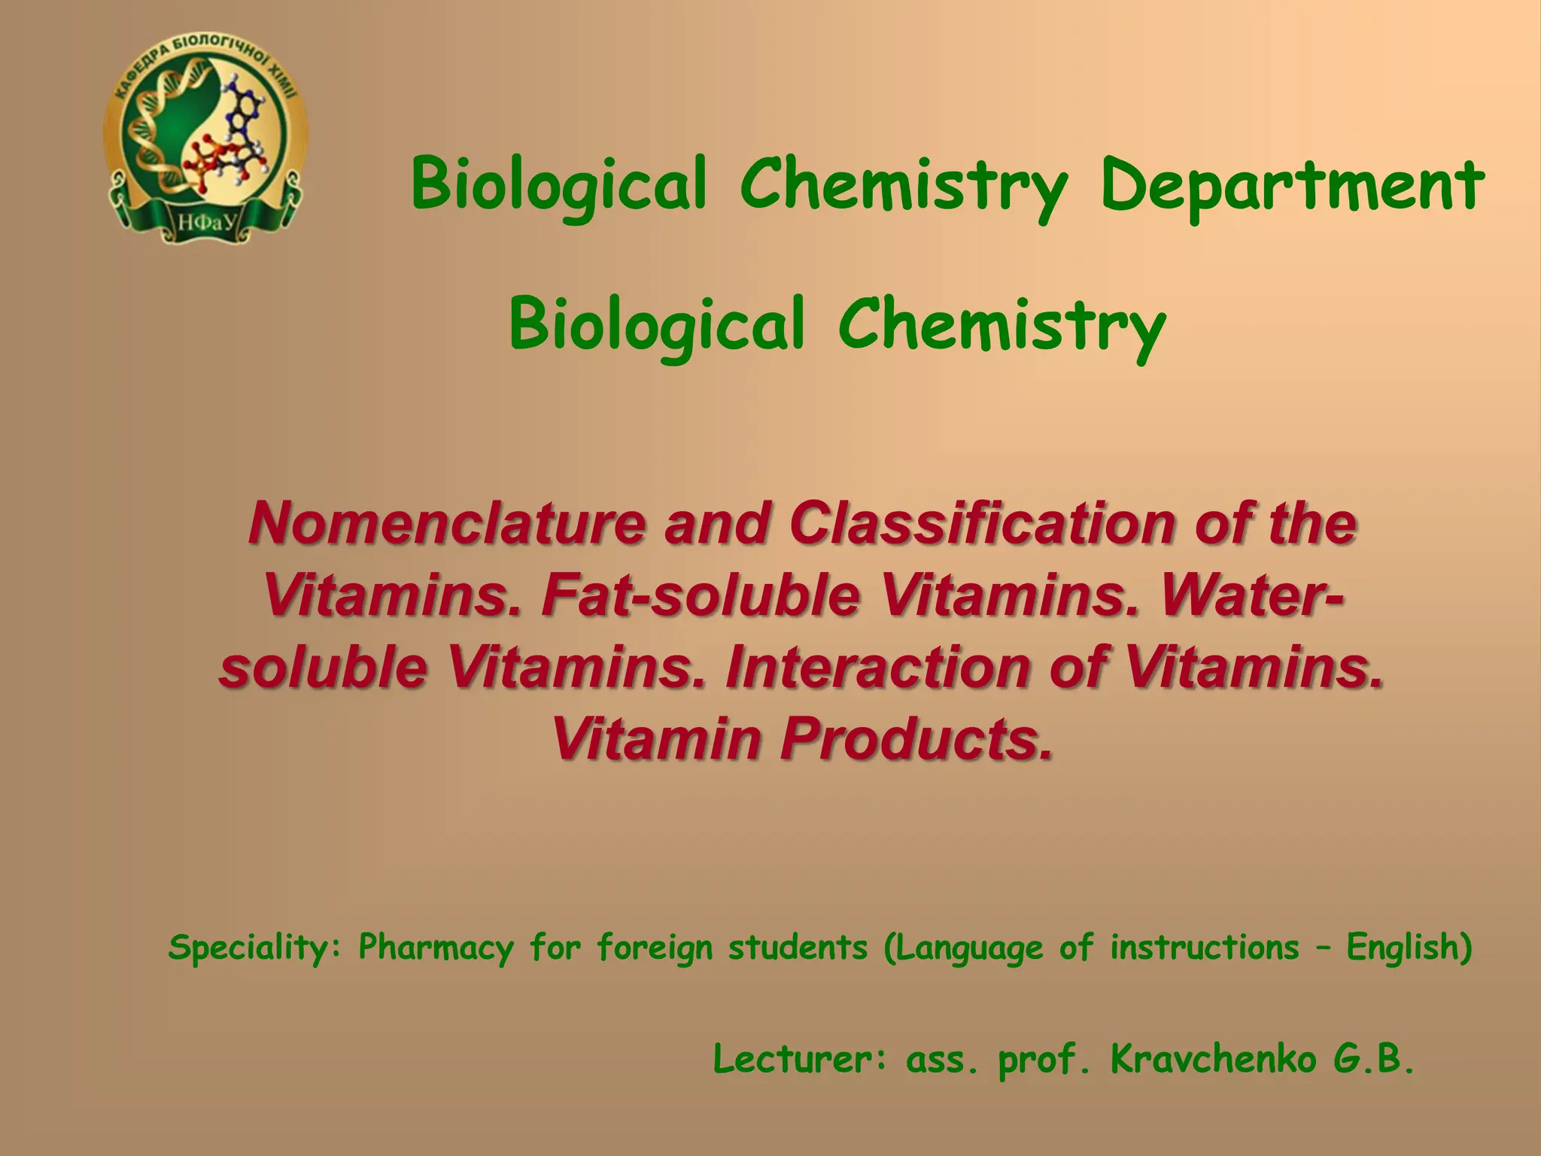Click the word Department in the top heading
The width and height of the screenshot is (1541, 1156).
[1292, 186]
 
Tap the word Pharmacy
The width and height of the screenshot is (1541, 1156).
[436, 948]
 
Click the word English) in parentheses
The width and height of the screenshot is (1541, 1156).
[1409, 948]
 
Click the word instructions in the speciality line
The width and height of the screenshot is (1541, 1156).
[1204, 948]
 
